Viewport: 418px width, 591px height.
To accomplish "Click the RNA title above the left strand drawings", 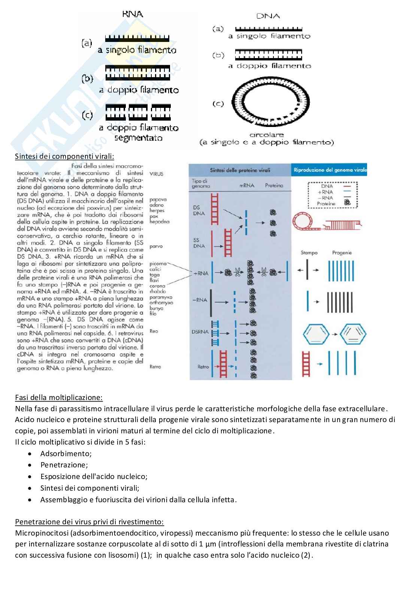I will tap(132, 14).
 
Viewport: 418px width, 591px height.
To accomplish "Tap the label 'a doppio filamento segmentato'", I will tap(139, 133).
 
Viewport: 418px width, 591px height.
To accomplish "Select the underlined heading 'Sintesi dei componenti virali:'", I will tap(64, 156).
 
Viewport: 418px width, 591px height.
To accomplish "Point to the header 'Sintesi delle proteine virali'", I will tap(240, 170).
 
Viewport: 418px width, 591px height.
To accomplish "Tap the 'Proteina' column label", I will tap(274, 185).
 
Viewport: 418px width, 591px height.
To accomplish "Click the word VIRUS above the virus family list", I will tap(156, 174).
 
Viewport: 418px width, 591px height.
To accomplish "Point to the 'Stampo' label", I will tap(309, 253).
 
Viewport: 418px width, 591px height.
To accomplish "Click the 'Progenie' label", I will tap(342, 253).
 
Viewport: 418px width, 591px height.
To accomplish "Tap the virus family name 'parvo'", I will tap(156, 246).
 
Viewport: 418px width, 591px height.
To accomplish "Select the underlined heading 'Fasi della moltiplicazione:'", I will tap(59, 397).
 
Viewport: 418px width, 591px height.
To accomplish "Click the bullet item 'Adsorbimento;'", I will tap(66, 454).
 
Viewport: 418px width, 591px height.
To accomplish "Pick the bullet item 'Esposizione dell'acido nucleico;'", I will tap(94, 476).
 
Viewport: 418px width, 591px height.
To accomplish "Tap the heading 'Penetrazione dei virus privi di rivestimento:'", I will tap(89, 522).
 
